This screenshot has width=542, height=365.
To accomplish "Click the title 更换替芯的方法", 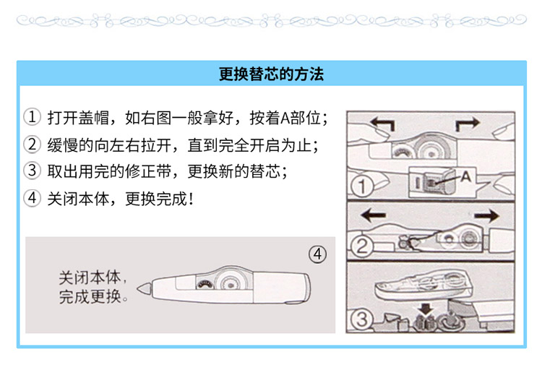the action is point(271,74).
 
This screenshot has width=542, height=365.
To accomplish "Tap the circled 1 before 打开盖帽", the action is point(32,117).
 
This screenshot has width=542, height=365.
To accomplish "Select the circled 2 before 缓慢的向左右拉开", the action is point(32,144).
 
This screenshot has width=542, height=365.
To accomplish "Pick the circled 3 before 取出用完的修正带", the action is point(32,171).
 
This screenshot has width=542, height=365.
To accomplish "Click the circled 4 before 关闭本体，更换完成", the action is point(32,198).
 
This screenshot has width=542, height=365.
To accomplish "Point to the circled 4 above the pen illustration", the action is point(317,254).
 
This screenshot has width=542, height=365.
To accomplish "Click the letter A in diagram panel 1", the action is point(465,176).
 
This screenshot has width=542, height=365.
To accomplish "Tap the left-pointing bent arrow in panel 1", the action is point(382,124).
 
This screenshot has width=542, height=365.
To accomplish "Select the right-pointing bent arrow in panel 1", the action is point(468,124).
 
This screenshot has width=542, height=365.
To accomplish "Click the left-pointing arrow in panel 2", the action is point(373,215).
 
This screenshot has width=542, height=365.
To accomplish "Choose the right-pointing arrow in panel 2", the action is point(486,216).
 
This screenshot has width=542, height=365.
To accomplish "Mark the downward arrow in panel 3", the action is point(426,309).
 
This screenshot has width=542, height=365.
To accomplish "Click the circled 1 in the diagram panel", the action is point(361,186).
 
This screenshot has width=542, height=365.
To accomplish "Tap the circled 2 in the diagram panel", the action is point(361,246).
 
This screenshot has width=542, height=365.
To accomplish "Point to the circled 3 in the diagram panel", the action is point(361,319).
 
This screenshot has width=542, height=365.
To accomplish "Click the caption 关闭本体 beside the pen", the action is point(90,278).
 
